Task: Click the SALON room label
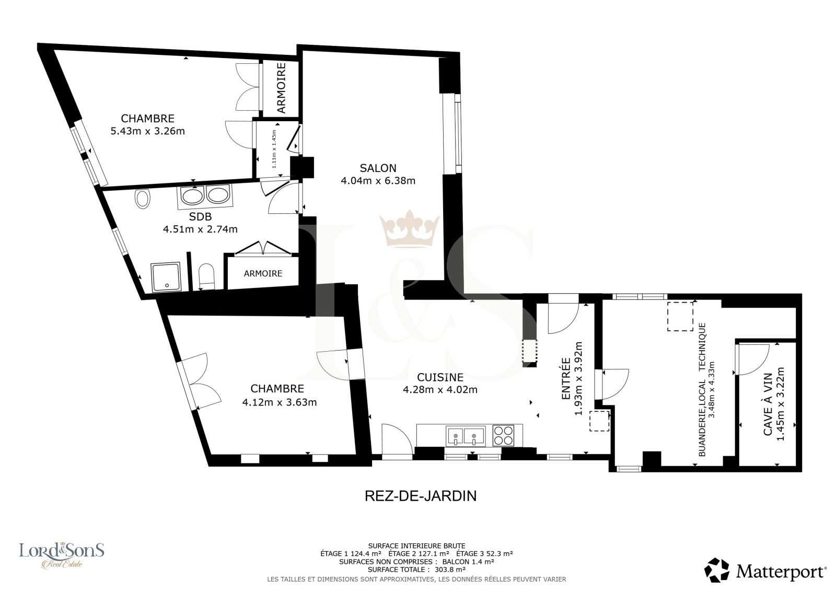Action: [378, 168]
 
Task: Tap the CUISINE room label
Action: [440, 377]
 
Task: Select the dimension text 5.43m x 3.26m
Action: [148, 131]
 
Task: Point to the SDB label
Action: [201, 216]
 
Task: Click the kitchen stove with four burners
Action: [503, 435]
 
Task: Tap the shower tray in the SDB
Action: [166, 277]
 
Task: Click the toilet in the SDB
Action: [206, 276]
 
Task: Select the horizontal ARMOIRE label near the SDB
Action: [263, 274]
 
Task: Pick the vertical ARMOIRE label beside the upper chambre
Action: [281, 88]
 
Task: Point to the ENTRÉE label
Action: [566, 378]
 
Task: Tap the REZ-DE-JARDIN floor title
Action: [421, 496]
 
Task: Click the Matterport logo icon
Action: [716, 570]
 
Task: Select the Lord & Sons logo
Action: [62, 555]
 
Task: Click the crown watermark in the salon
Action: [409, 228]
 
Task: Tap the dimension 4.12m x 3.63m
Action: [279, 402]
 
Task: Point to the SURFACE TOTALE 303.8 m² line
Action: [416, 570]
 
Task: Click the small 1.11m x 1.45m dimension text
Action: [274, 149]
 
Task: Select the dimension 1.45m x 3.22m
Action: [780, 404]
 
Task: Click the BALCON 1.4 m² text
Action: [468, 562]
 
